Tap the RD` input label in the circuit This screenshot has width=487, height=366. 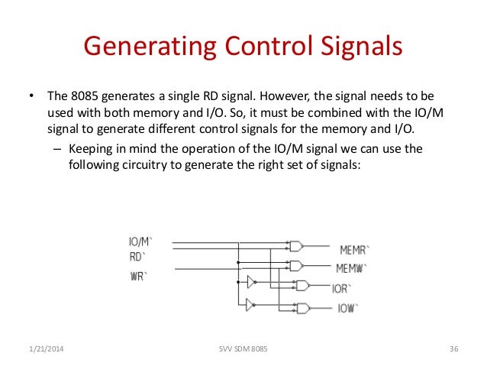138,256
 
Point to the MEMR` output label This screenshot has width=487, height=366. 354,250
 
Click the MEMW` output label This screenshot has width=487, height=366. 352,269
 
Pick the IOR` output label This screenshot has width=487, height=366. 341,290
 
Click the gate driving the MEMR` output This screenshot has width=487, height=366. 295,246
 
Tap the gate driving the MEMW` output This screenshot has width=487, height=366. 295,265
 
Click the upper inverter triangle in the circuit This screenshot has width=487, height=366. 249,283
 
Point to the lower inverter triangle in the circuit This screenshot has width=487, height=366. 249,304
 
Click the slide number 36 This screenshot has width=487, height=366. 453,349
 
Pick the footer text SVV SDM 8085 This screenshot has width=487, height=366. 243,349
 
